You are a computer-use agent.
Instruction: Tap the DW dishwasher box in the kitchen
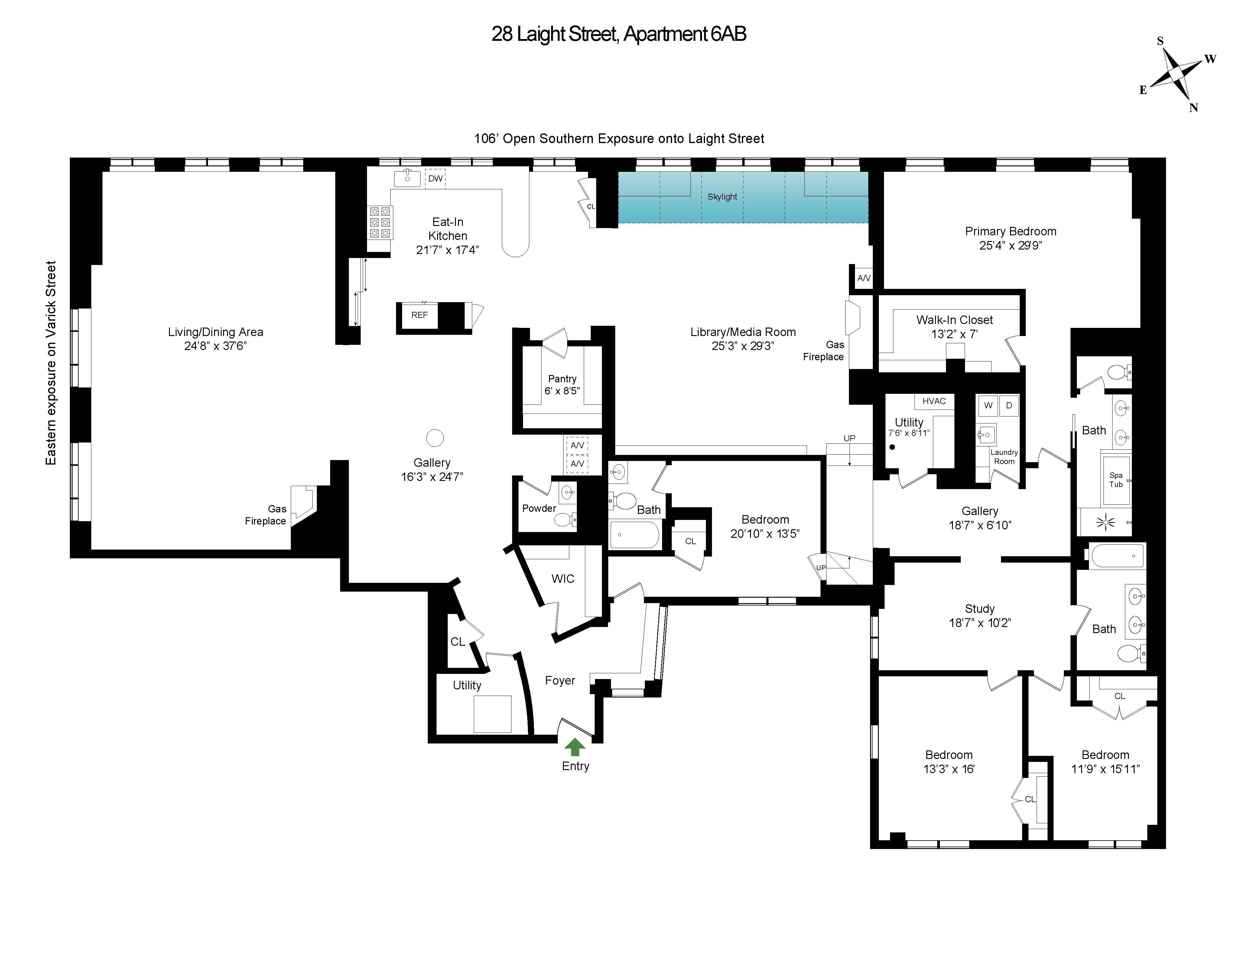click(435, 179)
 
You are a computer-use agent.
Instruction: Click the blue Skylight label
click(722, 197)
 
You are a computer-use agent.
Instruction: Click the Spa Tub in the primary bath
click(1116, 480)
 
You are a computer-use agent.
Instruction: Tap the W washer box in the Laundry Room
click(988, 406)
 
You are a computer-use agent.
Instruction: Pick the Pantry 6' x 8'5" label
click(562, 385)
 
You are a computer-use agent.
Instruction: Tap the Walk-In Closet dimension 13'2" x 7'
click(955, 334)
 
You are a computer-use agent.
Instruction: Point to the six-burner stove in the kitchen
click(380, 222)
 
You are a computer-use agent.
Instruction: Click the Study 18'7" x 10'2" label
click(980, 616)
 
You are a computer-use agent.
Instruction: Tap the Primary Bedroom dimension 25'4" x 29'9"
click(1011, 246)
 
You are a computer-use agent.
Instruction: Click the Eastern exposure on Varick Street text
click(51, 363)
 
